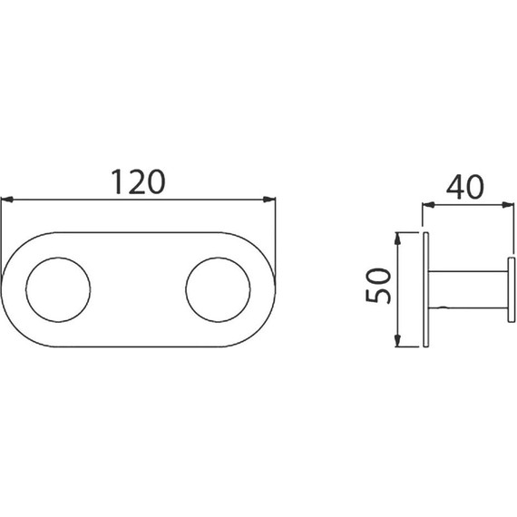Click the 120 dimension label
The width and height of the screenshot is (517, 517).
point(138,181)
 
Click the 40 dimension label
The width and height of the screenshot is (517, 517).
point(465,187)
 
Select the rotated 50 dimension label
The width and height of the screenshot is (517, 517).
point(378,286)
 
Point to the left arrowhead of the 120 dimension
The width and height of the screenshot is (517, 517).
point(7,200)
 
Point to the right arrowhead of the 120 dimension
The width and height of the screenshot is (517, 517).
point(268,200)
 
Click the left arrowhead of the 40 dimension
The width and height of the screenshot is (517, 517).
point(428,205)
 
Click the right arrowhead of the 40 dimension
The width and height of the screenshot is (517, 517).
point(508,205)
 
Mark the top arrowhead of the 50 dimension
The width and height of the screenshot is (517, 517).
point(397,239)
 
